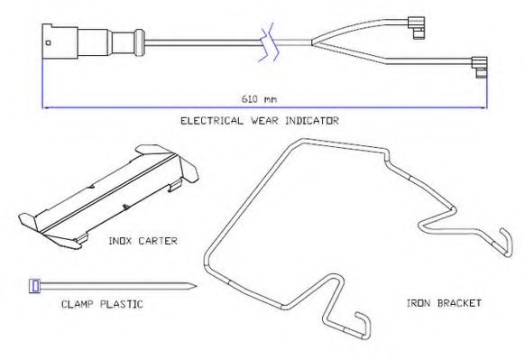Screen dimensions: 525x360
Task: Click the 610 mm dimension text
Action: (x=259, y=99)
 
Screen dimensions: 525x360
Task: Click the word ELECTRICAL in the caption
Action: (x=212, y=121)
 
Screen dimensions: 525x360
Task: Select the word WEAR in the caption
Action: (x=264, y=121)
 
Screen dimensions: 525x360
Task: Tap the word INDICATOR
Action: (x=312, y=121)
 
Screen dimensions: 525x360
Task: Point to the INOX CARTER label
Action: (x=143, y=241)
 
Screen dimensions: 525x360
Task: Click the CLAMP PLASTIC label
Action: (x=102, y=304)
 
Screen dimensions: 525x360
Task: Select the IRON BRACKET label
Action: (x=444, y=303)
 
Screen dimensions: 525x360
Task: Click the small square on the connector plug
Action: (x=48, y=42)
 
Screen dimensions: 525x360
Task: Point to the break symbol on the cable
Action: (x=269, y=42)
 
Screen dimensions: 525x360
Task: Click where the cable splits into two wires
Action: (x=312, y=42)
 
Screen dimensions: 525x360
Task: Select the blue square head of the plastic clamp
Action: (x=35, y=286)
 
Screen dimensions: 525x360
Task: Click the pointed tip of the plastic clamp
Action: (x=195, y=286)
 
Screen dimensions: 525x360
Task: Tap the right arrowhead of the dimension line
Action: (x=484, y=108)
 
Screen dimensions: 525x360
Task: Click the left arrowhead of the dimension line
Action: (x=45, y=108)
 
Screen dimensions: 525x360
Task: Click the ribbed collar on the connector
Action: (x=139, y=43)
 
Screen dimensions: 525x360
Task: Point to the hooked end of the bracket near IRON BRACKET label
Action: (x=507, y=242)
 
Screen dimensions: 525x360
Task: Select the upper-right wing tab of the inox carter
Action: (x=189, y=170)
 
